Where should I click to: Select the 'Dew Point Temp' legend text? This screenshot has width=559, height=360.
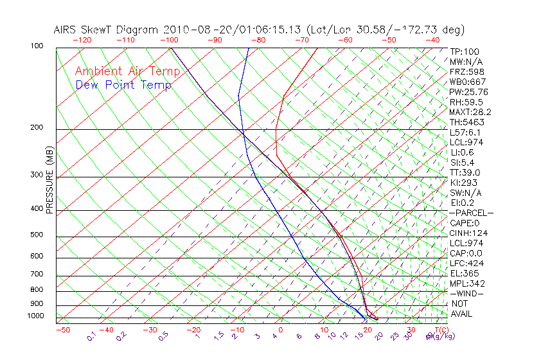123,85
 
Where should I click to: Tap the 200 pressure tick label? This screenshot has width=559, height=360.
37,127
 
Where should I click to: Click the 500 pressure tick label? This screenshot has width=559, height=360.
37,235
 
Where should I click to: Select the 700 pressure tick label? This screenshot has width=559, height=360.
37,274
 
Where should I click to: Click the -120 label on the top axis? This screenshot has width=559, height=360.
82,40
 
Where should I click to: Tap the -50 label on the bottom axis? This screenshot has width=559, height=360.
62,330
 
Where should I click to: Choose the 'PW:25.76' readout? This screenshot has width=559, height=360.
468,92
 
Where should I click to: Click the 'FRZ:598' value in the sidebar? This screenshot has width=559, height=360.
465,72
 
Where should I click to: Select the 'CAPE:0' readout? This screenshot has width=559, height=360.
465,223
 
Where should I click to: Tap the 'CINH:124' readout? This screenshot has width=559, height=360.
466,233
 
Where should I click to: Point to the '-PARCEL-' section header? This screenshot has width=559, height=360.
471,213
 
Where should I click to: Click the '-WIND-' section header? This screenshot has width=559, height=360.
466,294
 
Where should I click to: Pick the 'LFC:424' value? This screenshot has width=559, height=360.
466,264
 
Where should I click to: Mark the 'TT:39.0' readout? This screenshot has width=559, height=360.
465,173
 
